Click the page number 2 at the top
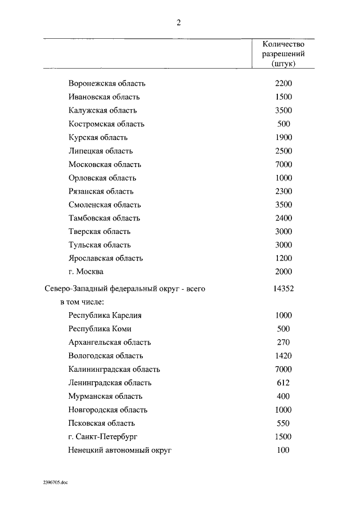click(179, 22)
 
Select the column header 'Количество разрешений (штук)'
click(283, 54)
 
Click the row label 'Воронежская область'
click(107, 83)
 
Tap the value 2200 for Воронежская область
click(283, 83)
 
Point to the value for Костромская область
click(283, 124)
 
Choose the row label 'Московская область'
click(105, 164)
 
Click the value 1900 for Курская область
click(283, 137)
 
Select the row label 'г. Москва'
click(85, 272)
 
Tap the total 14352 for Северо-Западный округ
click(283, 289)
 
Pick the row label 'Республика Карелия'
click(105, 316)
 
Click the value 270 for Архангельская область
click(283, 342)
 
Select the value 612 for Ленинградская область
click(283, 382)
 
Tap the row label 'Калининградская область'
click(114, 369)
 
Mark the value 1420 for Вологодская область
click(283, 355)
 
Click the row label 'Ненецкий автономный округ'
click(120, 450)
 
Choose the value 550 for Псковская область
click(283, 423)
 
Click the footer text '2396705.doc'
click(54, 483)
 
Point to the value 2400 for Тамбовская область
click(283, 218)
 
